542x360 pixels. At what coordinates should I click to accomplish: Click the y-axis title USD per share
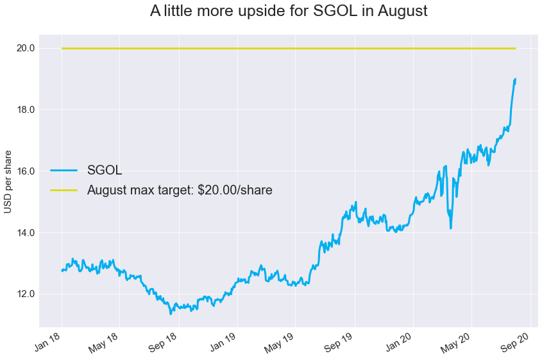click(x=8, y=181)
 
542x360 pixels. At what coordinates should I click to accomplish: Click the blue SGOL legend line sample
click(x=64, y=171)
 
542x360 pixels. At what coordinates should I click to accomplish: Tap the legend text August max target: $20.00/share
click(x=180, y=190)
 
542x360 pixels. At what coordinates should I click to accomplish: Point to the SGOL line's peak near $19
click(x=515, y=80)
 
